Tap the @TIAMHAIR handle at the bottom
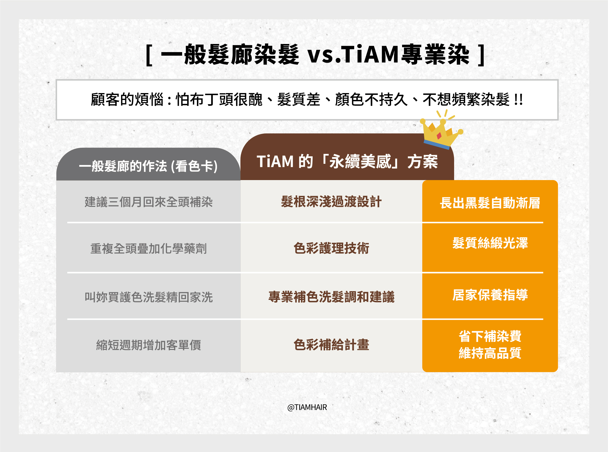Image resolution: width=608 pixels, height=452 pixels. tap(307, 407)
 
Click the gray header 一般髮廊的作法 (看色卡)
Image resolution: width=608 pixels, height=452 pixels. tap(148, 166)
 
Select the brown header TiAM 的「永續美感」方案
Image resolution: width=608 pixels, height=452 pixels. tap(347, 161)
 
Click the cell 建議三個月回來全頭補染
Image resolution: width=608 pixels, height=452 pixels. tap(148, 202)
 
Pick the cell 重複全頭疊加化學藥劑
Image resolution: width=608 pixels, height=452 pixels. tap(148, 249)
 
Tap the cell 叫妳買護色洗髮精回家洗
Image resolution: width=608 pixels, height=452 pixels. tap(148, 297)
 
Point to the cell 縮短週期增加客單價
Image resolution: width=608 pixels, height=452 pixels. tap(148, 345)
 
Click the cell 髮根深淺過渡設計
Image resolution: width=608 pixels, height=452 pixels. tap(331, 202)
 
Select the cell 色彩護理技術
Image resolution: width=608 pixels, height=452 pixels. tap(331, 248)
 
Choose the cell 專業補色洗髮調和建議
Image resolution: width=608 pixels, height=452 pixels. tap(331, 297)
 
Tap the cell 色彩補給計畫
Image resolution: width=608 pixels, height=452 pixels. tap(331, 345)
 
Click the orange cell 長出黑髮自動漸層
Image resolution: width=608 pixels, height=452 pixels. tap(490, 203)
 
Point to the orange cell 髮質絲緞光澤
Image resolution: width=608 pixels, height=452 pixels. tap(490, 243)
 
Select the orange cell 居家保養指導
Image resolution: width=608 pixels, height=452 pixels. tap(490, 295)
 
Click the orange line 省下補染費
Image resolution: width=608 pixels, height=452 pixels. tap(490, 336)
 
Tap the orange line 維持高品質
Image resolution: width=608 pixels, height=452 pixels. tap(490, 353)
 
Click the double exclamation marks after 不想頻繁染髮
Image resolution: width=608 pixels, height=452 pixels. tap(519, 100)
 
